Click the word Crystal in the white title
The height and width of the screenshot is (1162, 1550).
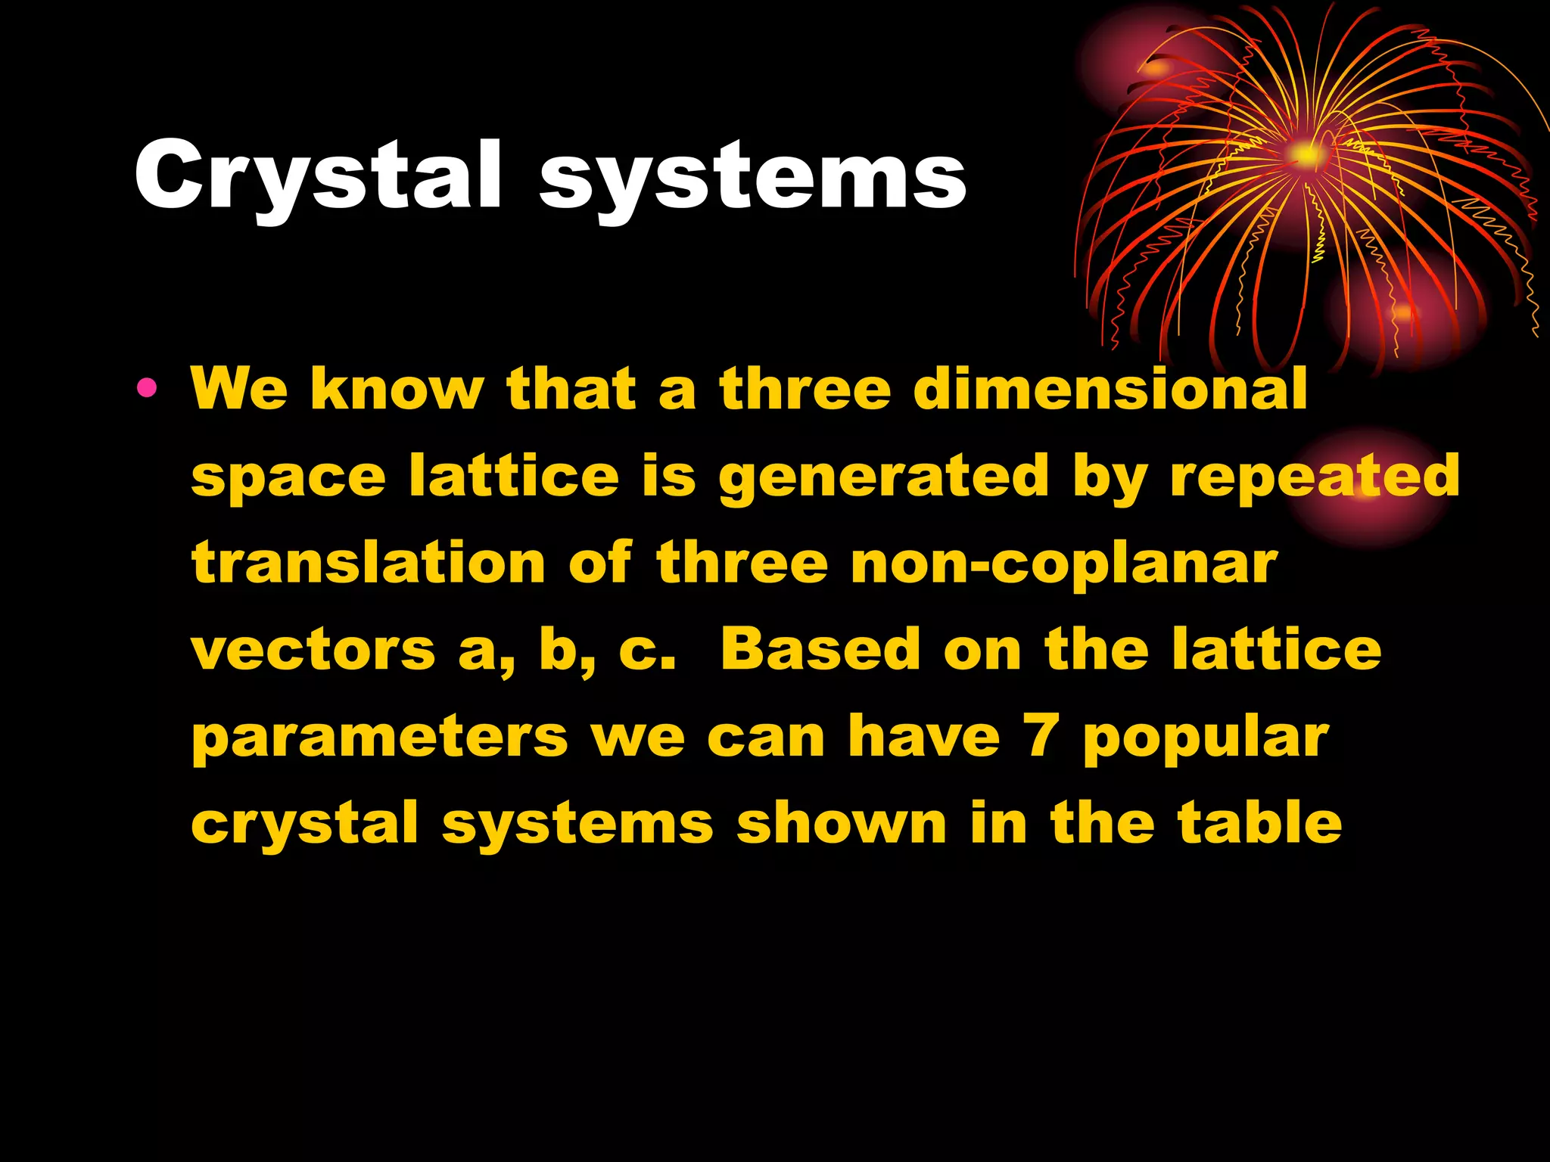pyautogui.click(x=318, y=176)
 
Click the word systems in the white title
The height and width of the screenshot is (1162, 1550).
pyautogui.click(x=752, y=180)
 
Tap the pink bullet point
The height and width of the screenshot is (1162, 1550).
pyautogui.click(x=147, y=389)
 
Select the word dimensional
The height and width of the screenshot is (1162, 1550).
pyautogui.click(x=1110, y=389)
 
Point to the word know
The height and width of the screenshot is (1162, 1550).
pyautogui.click(x=397, y=389)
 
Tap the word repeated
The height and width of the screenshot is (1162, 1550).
pyautogui.click(x=1315, y=477)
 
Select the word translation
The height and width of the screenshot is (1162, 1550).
pyautogui.click(x=369, y=563)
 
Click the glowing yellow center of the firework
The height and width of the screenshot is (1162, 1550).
pyautogui.click(x=1304, y=155)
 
